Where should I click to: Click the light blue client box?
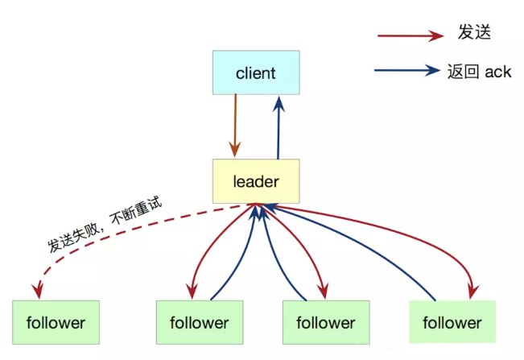tap(256, 72)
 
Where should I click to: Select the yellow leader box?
tap(256, 181)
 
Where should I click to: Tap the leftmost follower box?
tap(56, 322)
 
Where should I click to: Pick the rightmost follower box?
tap(452, 322)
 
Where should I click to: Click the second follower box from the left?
tap(200, 322)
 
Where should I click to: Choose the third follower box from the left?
tap(326, 322)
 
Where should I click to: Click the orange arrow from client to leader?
tap(235, 126)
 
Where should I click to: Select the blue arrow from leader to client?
tap(279, 127)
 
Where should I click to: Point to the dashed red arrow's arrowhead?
tap(38, 290)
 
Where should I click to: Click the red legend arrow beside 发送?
tap(411, 35)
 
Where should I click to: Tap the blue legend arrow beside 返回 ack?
tap(407, 70)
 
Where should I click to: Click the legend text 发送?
tap(474, 32)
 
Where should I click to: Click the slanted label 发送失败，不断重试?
tap(105, 224)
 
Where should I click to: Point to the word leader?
tap(256, 181)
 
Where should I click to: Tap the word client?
tap(256, 73)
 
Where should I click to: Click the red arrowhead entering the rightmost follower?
tap(472, 291)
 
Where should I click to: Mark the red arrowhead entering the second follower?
tap(192, 291)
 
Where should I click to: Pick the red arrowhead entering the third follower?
tap(323, 291)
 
